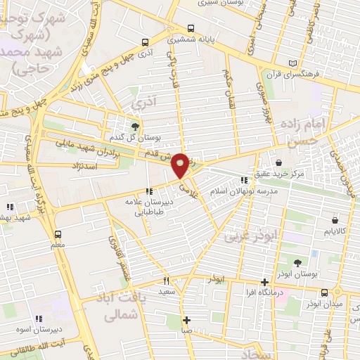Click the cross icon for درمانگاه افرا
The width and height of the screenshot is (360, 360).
264,282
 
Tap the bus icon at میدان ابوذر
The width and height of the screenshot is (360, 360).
324,292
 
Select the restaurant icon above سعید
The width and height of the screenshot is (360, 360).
167,281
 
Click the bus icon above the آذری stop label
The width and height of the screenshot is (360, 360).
145,41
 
